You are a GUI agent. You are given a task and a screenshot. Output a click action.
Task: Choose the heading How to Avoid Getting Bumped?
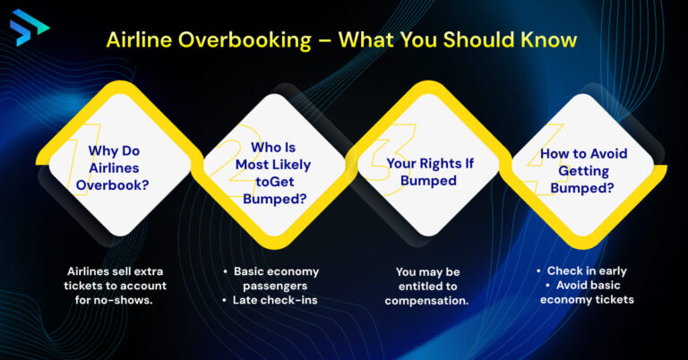pos(582,170)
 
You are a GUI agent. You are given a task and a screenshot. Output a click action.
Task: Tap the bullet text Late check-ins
pos(275,300)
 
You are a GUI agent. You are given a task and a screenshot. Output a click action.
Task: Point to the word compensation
pos(426,300)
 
